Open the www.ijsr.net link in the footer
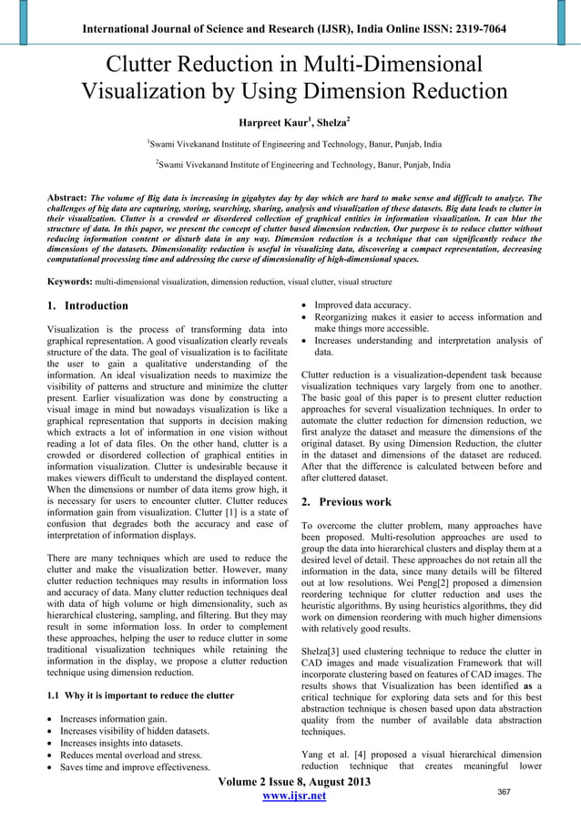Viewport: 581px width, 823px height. click(x=290, y=797)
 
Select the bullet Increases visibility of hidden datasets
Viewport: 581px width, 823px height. click(x=135, y=731)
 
